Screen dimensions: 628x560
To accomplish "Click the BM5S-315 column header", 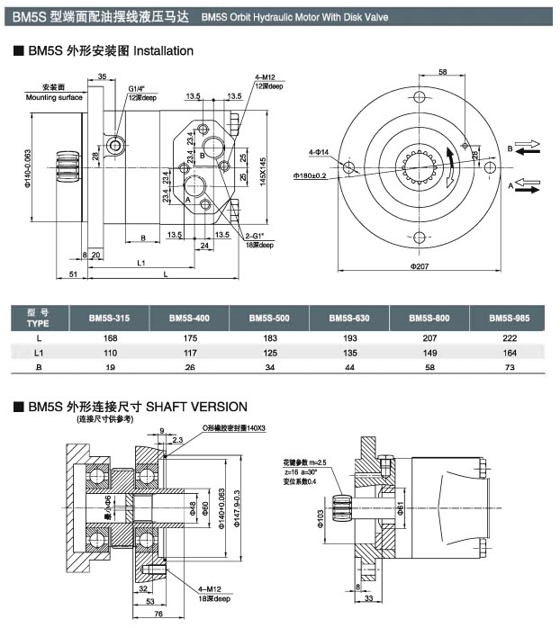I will point(109,318).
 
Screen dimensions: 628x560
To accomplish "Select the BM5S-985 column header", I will point(510,318).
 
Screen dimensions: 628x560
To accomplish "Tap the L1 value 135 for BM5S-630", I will point(348,354).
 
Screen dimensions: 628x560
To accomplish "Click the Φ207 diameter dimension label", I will point(420,266).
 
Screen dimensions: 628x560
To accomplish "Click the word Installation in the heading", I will point(159,51).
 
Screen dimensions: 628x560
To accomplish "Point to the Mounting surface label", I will point(53,95).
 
